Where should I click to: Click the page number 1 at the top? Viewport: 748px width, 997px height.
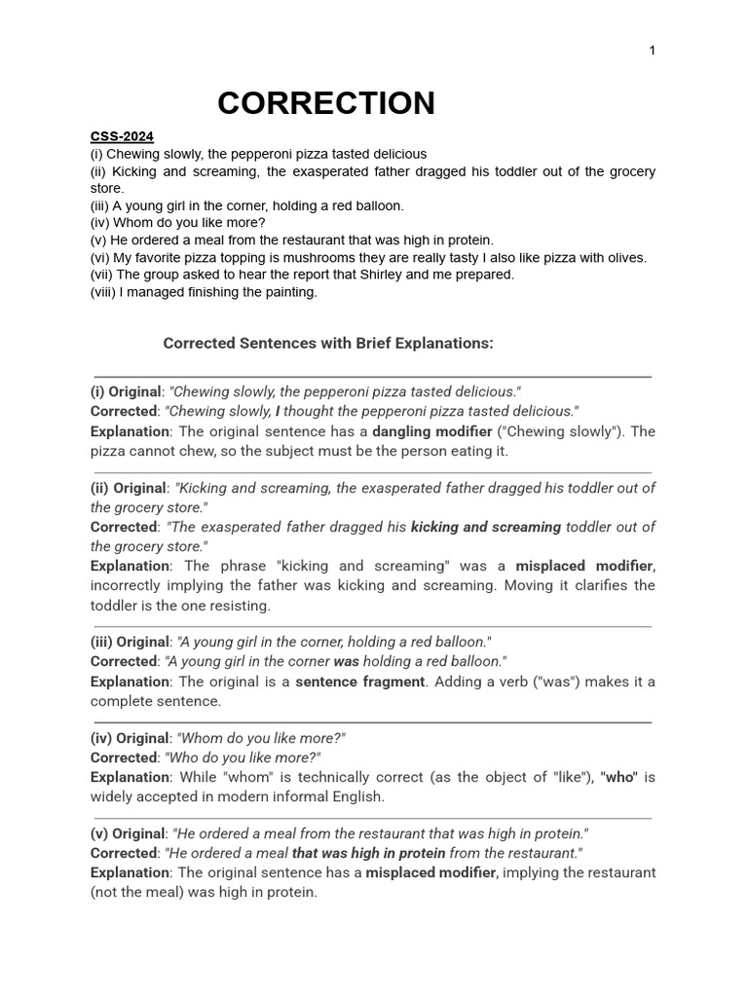[x=652, y=51]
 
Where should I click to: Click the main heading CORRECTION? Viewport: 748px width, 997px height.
[x=325, y=103]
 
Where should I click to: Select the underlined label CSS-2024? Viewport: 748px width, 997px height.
[x=122, y=136]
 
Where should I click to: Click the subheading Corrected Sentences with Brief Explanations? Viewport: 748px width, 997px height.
[x=328, y=343]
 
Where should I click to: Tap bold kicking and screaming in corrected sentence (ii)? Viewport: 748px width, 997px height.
[x=486, y=527]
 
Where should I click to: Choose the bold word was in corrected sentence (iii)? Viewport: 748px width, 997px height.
[x=347, y=661]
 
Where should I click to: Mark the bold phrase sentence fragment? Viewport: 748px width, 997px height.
[x=359, y=682]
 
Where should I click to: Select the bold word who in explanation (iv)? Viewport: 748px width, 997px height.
[x=619, y=777]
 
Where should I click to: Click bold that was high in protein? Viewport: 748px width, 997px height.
[x=368, y=853]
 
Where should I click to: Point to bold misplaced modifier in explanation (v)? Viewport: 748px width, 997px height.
[x=430, y=872]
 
